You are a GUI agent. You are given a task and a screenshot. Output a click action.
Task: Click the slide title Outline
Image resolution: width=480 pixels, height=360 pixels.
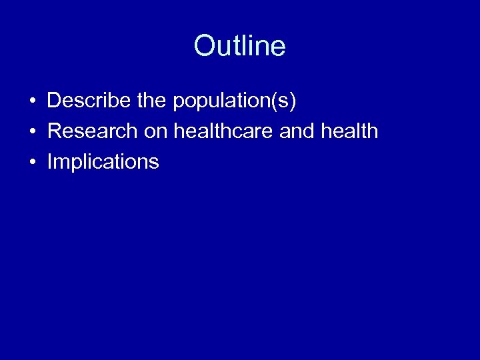(x=240, y=46)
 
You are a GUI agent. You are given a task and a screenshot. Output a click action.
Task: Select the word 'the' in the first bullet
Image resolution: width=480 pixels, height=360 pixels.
(x=151, y=101)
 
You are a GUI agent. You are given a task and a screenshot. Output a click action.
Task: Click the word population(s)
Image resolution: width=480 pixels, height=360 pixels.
(x=234, y=101)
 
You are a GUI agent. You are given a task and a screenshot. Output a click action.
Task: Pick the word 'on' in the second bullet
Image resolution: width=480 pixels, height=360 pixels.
(x=155, y=131)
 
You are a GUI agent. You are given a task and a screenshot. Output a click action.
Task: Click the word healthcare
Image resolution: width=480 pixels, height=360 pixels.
(x=223, y=131)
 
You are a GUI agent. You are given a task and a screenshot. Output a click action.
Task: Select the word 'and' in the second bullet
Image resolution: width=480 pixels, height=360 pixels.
(x=297, y=131)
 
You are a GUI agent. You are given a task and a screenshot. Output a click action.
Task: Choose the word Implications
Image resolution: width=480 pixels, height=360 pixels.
(x=103, y=162)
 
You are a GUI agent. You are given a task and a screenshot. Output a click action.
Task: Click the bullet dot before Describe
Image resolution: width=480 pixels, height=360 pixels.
(x=32, y=102)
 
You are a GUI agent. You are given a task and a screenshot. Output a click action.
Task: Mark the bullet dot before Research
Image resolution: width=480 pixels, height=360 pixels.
(x=32, y=133)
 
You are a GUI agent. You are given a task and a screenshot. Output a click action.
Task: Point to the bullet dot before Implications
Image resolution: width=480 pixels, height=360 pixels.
(x=32, y=163)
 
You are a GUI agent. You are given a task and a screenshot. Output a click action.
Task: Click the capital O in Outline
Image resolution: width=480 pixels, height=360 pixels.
(x=204, y=46)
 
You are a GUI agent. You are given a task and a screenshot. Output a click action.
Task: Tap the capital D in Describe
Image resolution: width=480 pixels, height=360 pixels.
(x=55, y=101)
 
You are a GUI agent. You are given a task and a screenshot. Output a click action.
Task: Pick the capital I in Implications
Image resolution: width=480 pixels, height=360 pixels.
(x=50, y=162)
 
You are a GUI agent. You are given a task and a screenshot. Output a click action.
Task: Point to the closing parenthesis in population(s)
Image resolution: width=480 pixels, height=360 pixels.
(x=293, y=101)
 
